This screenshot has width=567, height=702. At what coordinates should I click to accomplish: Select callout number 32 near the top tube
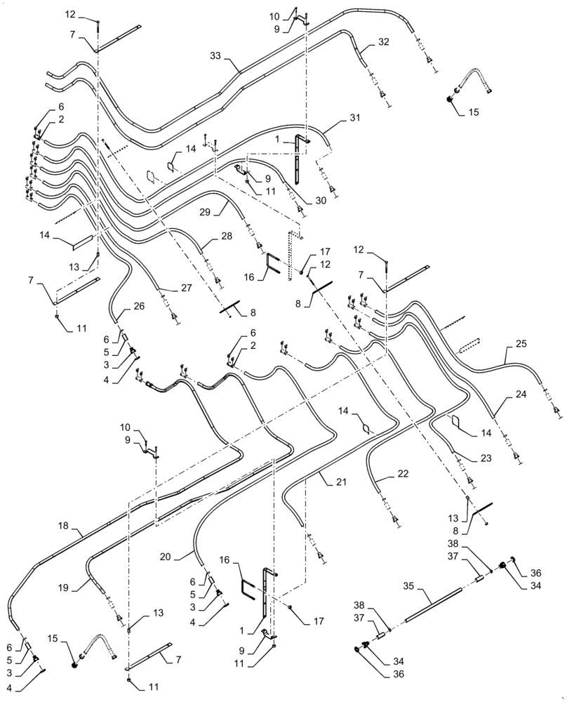tap(383, 42)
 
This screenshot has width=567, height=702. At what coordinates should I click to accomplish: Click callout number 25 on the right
tap(520, 345)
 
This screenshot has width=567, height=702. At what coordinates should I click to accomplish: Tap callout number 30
tap(321, 200)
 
